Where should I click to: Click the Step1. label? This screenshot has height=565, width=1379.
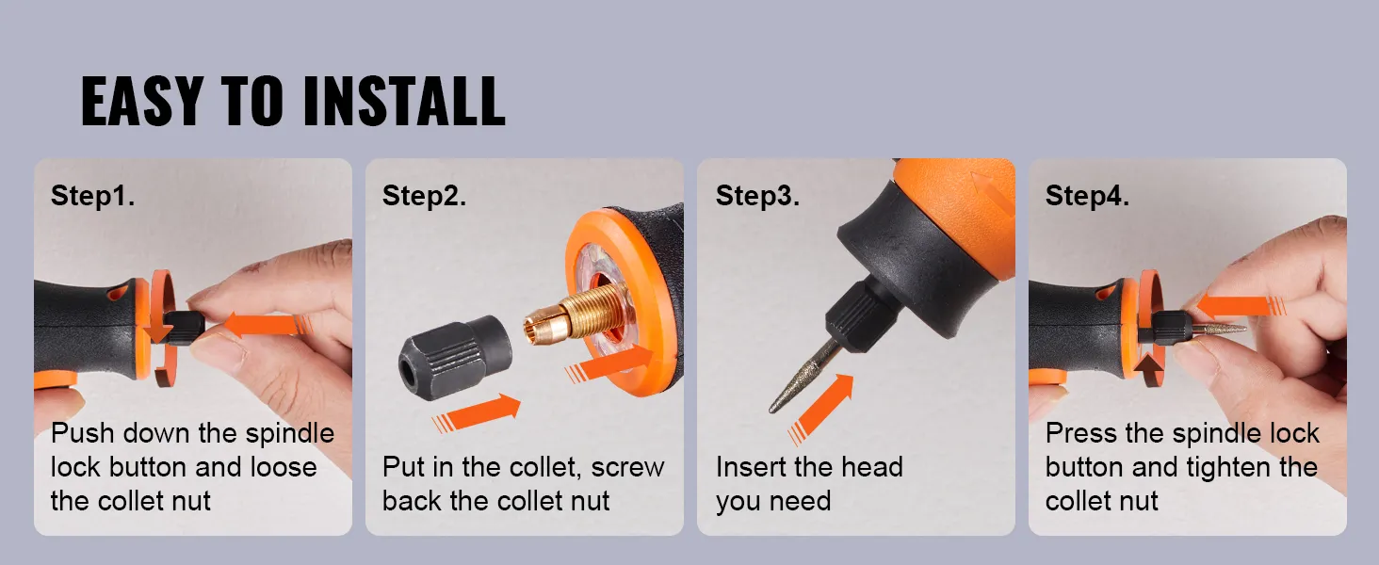[x=92, y=196]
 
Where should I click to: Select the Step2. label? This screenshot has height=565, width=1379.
[x=424, y=196]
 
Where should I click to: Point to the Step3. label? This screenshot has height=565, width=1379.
[x=757, y=196]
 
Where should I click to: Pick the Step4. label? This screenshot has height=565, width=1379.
[x=1087, y=196]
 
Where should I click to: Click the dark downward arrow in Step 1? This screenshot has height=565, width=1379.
[x=161, y=330]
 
